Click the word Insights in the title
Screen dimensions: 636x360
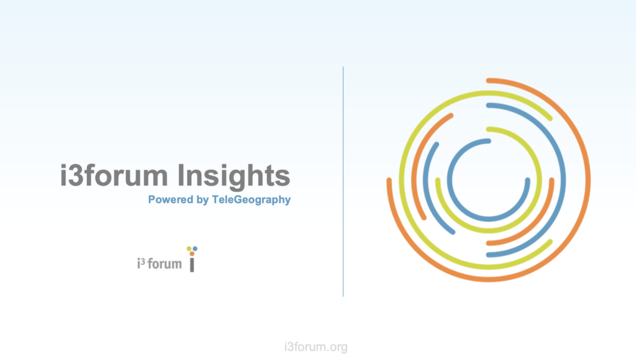coord(234,176)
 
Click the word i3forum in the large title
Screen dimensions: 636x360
coord(114,175)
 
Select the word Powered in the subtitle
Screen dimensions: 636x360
coord(170,199)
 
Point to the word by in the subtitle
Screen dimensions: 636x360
coord(202,200)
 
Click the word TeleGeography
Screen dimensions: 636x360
coord(251,200)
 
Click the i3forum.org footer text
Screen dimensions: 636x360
coord(316,347)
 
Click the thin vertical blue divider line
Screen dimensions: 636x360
coord(343,181)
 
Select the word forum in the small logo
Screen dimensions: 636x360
coord(165,264)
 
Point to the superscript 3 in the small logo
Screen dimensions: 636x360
coord(143,261)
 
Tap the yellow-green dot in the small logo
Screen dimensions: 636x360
coord(189,248)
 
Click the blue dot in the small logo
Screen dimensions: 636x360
coord(195,248)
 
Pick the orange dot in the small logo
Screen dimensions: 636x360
coord(192,254)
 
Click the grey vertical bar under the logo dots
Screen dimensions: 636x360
coord(193,265)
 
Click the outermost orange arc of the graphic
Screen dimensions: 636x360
coord(588,181)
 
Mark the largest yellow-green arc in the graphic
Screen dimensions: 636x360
coord(402,181)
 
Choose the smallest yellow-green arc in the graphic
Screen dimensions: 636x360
coord(539,181)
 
